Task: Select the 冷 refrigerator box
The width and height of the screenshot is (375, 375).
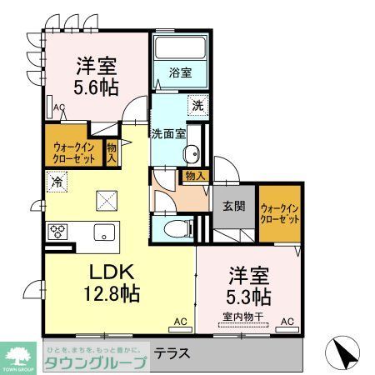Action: point(57,180)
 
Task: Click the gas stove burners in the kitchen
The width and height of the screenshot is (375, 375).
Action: point(60,231)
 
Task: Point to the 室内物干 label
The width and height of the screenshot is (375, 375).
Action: point(243,316)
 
